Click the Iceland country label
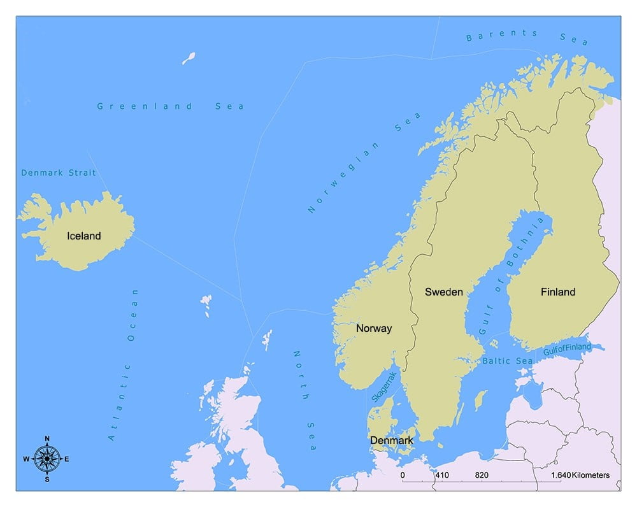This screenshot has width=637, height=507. coord(84,236)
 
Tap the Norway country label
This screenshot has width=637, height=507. coord(374,329)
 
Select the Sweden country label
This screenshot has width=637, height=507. coord(444,292)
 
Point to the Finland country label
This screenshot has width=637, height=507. coord(557,292)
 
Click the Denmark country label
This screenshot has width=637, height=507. coord(392,440)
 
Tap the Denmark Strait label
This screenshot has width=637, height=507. coord(59,173)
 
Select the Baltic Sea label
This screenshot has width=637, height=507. coord(507,361)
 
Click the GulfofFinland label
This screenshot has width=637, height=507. coord(567,349)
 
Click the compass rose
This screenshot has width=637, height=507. coord(47,458)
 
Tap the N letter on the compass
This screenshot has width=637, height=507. coord(47,439)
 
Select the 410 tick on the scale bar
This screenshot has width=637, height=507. coord(442,475)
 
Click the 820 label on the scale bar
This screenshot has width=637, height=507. coord(482,475)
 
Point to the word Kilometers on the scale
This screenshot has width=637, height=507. coord(590,475)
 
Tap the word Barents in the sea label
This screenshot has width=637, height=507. coord(502,36)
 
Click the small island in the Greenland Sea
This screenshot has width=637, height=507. coord(189,59)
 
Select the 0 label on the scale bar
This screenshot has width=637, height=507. coord(403,475)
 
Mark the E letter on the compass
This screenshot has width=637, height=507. coord(67,459)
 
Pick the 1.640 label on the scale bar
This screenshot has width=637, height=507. coord(561,475)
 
